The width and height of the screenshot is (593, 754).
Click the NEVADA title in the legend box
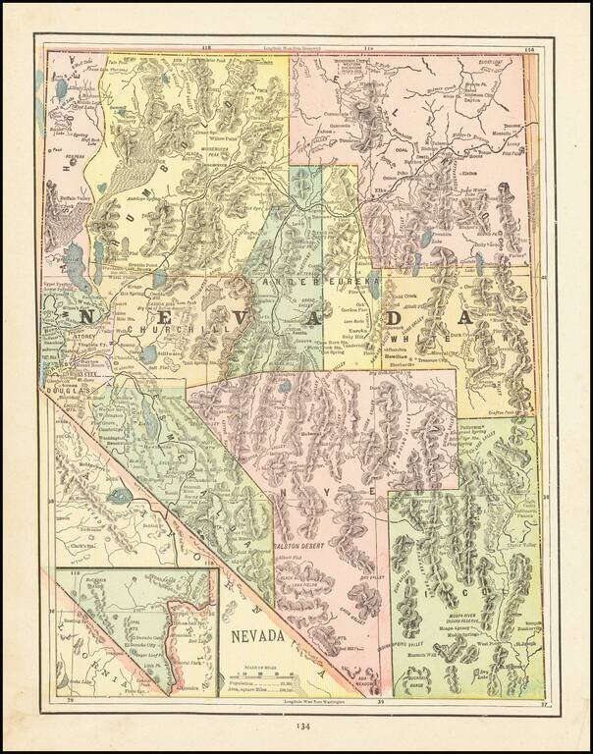pyautogui.click(x=258, y=636)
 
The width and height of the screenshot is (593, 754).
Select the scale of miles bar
pyautogui.click(x=260, y=675)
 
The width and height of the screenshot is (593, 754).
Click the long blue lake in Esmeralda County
pyautogui.click(x=121, y=496)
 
